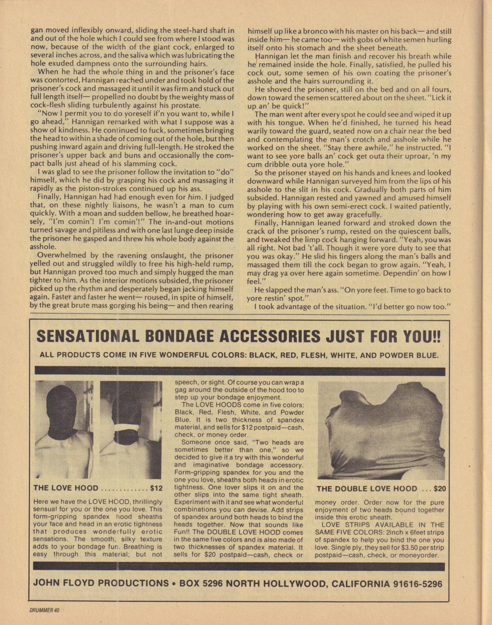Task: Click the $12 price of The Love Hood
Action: pos(156,488)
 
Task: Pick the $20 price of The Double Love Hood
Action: pos(439,489)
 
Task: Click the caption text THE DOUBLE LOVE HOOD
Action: pos(367,489)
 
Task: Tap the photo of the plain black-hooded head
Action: pos(63,428)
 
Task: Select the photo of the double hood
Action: pos(381,429)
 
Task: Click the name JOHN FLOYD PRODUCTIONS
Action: pos(101,583)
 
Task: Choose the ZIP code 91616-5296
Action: pos(417,584)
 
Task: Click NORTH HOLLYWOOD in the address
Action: pos(277,583)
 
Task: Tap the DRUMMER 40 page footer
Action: pos(44,610)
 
